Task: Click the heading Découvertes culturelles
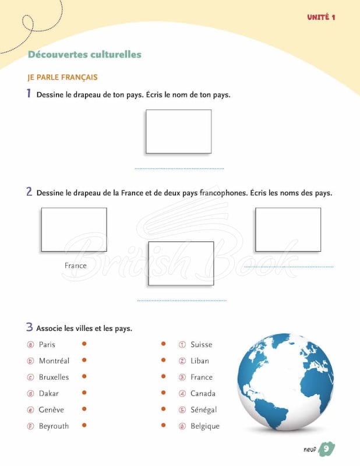coord(84,54)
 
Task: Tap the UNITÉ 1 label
coord(321,17)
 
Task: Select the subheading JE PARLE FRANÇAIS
coord(62,77)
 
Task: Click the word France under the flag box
coord(76,266)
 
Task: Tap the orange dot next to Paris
coord(84,344)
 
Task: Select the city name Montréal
coord(54,361)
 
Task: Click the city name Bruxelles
coord(54,377)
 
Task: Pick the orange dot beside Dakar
coord(84,393)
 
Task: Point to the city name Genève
coord(51,410)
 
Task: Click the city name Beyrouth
coord(54,426)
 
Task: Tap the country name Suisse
coord(201,344)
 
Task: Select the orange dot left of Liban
coord(163,360)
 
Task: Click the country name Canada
coord(203,394)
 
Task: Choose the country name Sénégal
coord(204,410)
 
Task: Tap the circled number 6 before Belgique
coord(182,426)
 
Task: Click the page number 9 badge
coord(326,449)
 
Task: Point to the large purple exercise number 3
coord(29,327)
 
